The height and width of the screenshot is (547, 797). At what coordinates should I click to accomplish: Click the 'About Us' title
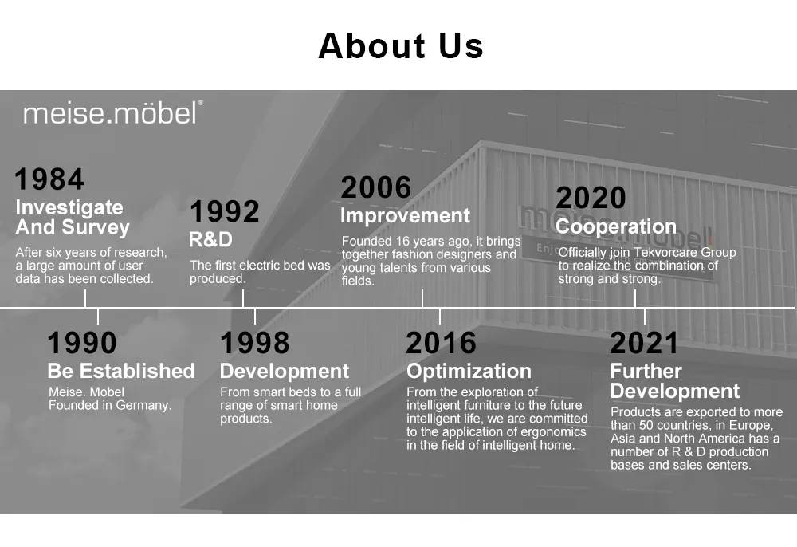click(x=400, y=46)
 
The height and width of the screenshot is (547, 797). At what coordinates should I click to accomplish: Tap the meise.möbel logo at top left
click(x=112, y=113)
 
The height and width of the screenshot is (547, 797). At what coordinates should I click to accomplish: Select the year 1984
click(x=49, y=179)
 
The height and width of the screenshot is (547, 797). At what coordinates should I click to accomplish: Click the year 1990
click(x=81, y=343)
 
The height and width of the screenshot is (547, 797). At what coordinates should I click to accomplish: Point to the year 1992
click(x=224, y=212)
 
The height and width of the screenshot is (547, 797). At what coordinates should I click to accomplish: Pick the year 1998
click(x=254, y=343)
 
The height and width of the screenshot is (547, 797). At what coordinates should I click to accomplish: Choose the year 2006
click(x=376, y=188)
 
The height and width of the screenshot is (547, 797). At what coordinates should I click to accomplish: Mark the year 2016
click(x=441, y=343)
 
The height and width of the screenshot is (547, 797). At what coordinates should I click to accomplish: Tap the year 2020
click(x=591, y=199)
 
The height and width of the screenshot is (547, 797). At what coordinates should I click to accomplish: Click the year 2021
click(x=644, y=343)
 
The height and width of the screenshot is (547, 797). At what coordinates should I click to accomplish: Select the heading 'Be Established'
click(x=120, y=371)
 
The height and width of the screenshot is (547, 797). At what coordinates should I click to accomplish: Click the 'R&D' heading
click(x=210, y=239)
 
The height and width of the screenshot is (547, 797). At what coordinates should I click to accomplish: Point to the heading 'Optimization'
click(x=469, y=371)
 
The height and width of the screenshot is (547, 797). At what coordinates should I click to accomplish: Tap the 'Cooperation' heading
click(x=616, y=226)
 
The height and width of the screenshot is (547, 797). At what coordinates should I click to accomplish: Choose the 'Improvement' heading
click(x=405, y=215)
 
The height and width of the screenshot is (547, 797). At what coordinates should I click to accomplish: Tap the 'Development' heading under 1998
click(x=284, y=371)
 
